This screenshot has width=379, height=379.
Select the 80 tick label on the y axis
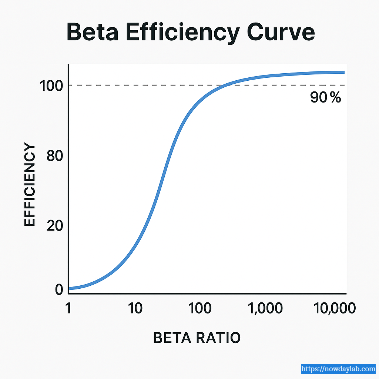[x=55, y=156]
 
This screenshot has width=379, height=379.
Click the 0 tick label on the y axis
[x=59, y=290]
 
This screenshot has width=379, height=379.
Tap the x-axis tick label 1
[x=68, y=308]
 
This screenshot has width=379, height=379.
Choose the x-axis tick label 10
[x=135, y=308]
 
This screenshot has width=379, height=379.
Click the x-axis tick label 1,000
[x=265, y=308]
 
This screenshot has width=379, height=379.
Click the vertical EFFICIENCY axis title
[x=30, y=185]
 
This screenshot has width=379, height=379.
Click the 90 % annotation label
[x=325, y=98]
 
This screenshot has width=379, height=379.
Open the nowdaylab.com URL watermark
[x=338, y=369]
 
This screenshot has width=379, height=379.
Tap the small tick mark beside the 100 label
[x=67, y=85]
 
